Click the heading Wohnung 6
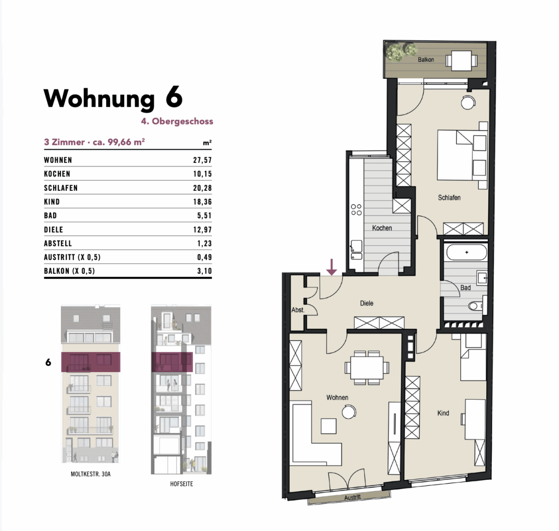pyautogui.click(x=113, y=98)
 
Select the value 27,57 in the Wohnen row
pyautogui.click(x=202, y=160)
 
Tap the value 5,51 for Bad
pyautogui.click(x=205, y=215)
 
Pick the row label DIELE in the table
pyautogui.click(x=54, y=230)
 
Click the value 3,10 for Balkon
pyautogui.click(x=205, y=271)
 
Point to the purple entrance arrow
pyautogui.click(x=332, y=267)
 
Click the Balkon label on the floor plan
pyautogui.click(x=426, y=59)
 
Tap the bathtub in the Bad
pyautogui.click(x=467, y=252)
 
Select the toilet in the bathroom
pyautogui.click(x=475, y=306)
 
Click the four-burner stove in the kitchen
pyautogui.click(x=356, y=210)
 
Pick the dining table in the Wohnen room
pyautogui.click(x=367, y=368)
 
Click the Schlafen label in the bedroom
pyautogui.click(x=449, y=197)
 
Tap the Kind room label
pyautogui.click(x=443, y=413)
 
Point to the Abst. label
pyautogui.click(x=298, y=310)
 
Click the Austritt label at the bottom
pyautogui.click(x=353, y=497)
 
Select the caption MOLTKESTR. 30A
pyautogui.click(x=90, y=474)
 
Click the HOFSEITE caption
pyautogui.click(x=181, y=484)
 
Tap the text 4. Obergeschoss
pyautogui.click(x=177, y=121)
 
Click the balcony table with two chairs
pyautogui.click(x=461, y=60)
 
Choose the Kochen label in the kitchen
pyautogui.click(x=382, y=228)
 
